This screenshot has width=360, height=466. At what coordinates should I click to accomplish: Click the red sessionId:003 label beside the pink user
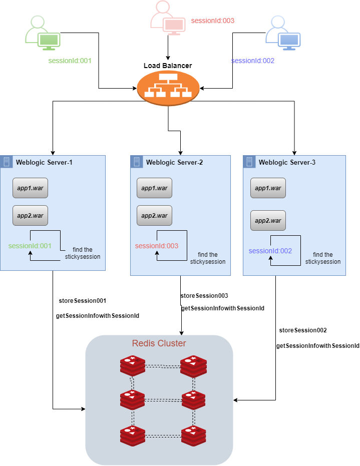click(213, 21)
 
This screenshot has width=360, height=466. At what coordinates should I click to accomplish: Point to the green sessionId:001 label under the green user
click(70, 61)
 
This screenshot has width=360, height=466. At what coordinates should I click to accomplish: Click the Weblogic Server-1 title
click(44, 162)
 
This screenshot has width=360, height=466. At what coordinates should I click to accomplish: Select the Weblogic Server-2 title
click(174, 162)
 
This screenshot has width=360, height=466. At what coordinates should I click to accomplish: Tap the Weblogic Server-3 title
click(287, 162)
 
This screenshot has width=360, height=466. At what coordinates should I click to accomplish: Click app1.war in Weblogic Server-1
click(30, 188)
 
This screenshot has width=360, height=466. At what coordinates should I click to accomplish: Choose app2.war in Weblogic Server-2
click(154, 216)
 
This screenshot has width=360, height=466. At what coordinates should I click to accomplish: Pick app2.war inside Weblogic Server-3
click(268, 221)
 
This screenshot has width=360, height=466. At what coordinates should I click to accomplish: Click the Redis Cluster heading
click(159, 343)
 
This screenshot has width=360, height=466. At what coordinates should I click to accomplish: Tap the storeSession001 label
click(83, 301)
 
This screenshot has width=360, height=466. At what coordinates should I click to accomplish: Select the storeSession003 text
click(204, 296)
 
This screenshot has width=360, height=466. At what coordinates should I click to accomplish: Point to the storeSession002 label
click(303, 330)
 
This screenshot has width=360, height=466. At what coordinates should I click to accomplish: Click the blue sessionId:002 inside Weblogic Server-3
click(270, 251)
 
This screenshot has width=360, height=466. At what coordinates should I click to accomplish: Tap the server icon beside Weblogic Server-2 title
click(136, 162)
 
